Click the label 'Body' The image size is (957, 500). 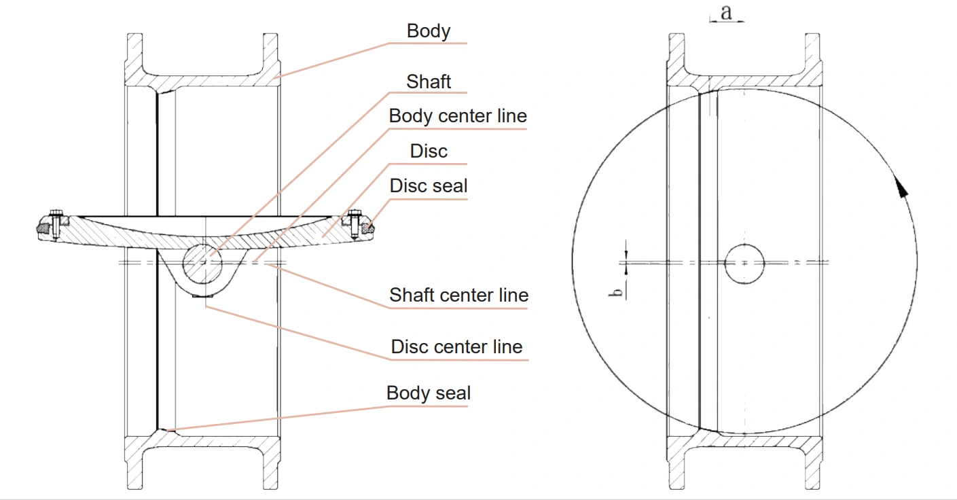tap(428, 31)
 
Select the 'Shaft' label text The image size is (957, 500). tap(429, 82)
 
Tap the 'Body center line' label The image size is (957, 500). tap(457, 116)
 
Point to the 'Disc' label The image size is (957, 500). tap(429, 151)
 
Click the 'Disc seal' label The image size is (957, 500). tap(429, 185)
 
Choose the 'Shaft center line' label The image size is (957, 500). tap(458, 296)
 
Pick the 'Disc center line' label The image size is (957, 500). tap(456, 347)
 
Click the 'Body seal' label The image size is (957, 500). tap(428, 393)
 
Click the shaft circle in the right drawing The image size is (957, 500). tap(744, 262)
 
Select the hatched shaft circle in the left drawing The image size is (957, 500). tap(202, 262)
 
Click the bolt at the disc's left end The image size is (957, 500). tap(56, 225)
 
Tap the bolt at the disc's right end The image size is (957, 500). tap(354, 225)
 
